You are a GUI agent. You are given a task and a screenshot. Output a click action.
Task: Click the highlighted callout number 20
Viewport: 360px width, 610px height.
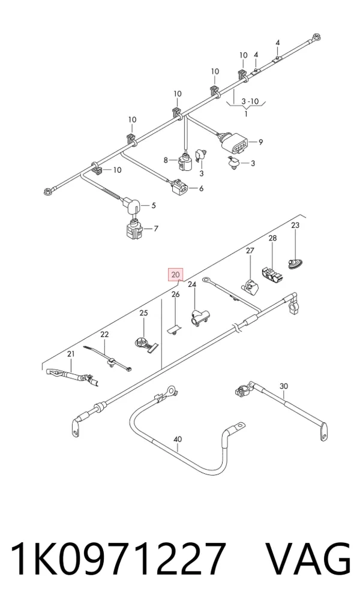click(x=175, y=275)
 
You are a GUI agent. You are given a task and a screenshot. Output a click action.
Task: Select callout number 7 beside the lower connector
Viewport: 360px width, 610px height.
click(x=155, y=229)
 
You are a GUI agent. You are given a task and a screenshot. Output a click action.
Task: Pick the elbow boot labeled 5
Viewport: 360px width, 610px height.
click(x=131, y=205)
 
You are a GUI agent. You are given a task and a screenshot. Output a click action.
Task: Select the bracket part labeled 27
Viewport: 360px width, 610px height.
click(x=250, y=286)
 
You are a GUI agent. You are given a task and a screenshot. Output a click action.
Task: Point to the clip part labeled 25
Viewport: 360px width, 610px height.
click(x=144, y=344)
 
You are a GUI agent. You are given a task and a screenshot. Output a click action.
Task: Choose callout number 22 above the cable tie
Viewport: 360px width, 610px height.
click(x=104, y=334)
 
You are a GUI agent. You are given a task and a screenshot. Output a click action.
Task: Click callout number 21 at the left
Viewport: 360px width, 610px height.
click(x=70, y=354)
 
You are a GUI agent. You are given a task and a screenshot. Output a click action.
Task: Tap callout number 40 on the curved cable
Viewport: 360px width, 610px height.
click(x=177, y=439)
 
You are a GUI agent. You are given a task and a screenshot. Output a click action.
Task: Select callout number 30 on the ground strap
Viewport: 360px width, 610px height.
click(x=284, y=386)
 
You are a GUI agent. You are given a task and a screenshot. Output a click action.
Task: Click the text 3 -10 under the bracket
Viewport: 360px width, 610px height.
click(x=250, y=101)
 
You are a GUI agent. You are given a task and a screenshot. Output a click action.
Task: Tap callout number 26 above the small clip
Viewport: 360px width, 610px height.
click(x=176, y=294)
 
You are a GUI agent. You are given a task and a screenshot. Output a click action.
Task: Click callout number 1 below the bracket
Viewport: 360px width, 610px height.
click(x=246, y=114)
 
